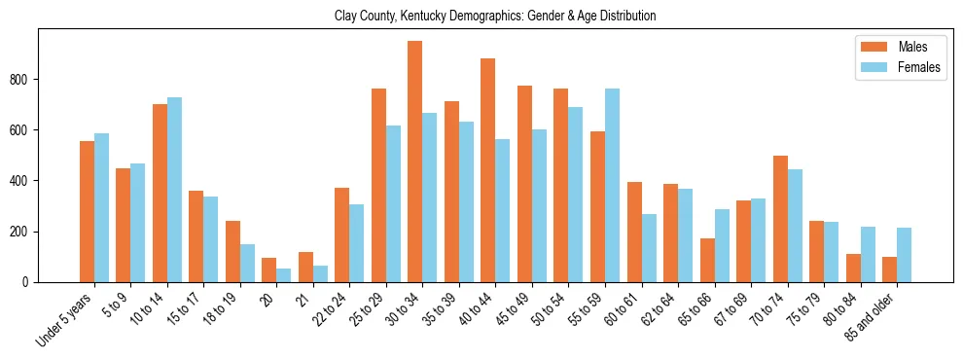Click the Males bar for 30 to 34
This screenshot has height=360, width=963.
(415, 162)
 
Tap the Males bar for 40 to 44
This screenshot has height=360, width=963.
(488, 170)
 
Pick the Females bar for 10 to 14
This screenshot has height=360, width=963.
(174, 190)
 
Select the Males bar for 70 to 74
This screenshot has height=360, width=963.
(780, 219)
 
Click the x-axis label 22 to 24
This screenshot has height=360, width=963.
(326, 309)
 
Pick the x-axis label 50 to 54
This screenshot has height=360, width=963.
(545, 309)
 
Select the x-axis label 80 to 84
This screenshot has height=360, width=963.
(837, 309)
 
